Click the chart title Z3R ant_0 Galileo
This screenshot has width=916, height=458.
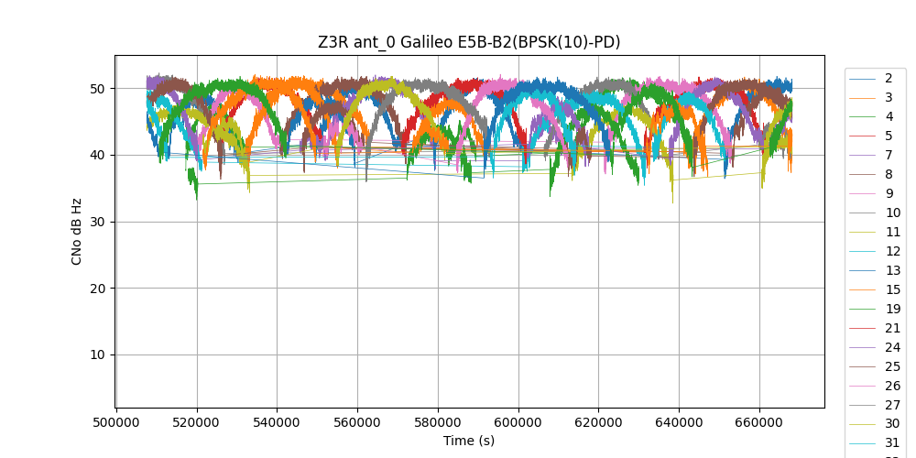tap(469, 41)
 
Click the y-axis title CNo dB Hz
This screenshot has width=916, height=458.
tap(77, 232)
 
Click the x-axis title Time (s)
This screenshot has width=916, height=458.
tap(469, 441)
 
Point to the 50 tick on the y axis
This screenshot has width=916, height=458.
tap(96, 89)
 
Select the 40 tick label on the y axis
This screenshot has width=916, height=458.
tap(96, 155)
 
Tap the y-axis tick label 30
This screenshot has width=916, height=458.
tap(96, 222)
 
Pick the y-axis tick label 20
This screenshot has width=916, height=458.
tap(96, 289)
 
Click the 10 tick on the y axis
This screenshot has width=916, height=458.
tap(96, 354)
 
